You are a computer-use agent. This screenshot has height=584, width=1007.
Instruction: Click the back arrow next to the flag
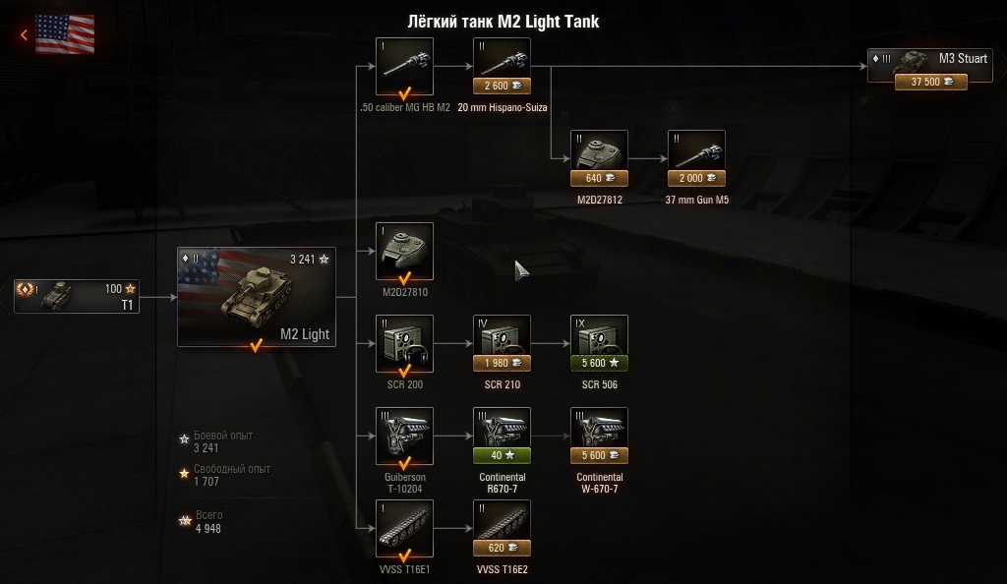24,35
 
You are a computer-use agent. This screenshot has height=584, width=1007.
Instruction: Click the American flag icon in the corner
65,34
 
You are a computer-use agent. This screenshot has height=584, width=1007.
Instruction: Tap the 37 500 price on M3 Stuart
930,83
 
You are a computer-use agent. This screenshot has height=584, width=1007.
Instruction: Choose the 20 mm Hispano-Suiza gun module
502,60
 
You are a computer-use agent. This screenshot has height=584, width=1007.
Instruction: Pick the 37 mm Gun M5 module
696,152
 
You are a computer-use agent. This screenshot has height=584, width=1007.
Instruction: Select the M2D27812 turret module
599,152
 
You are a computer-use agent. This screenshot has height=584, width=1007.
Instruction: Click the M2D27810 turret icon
404,246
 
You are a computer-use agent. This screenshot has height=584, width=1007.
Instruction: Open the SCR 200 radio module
404,338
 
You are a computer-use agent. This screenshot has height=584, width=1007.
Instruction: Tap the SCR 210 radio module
502,338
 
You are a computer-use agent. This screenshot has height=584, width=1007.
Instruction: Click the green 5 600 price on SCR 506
599,363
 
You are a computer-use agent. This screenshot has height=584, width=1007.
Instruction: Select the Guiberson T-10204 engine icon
404,431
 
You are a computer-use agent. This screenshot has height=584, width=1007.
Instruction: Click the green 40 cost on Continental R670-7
502,455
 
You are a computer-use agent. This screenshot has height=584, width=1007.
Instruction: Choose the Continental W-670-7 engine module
599,431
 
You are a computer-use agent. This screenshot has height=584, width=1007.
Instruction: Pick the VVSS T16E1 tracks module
404,523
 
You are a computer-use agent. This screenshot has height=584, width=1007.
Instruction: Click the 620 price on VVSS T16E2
502,548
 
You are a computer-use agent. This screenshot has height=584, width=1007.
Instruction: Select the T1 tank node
77,296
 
